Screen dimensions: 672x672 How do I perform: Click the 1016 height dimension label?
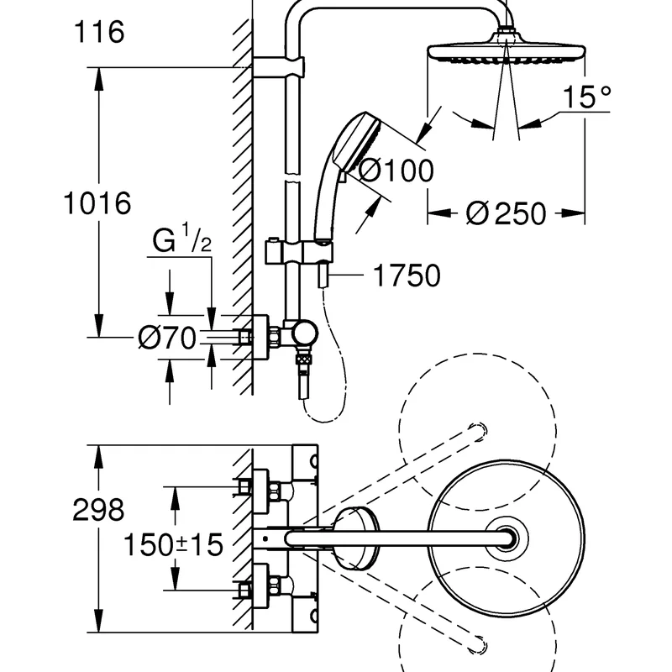pyautogui.click(x=98, y=203)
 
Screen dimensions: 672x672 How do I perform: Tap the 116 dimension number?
pyautogui.click(x=98, y=33)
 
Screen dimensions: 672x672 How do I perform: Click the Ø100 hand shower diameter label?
pyautogui.click(x=396, y=171)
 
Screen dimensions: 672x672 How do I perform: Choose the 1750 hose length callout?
pyautogui.click(x=407, y=276)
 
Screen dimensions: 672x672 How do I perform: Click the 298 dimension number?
pyautogui.click(x=98, y=509)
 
